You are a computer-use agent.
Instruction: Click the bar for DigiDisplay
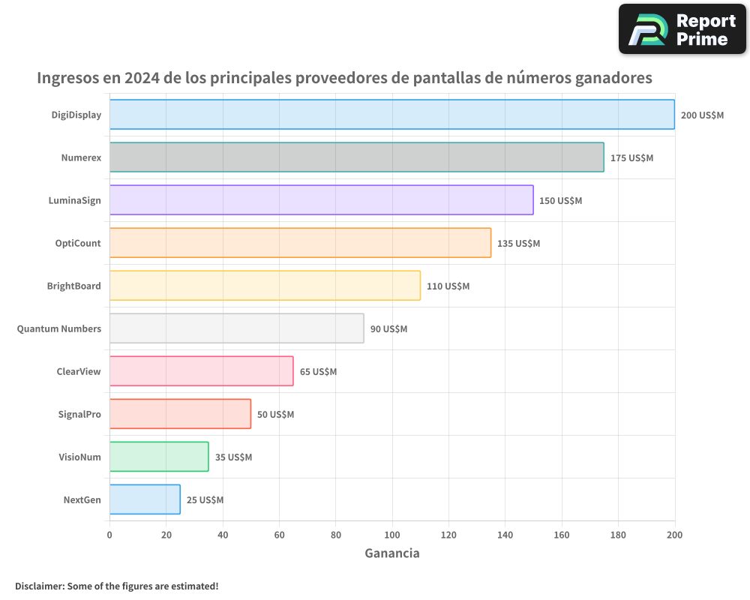(x=391, y=115)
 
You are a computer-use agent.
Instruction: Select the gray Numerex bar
(x=356, y=157)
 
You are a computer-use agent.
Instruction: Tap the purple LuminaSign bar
(x=321, y=200)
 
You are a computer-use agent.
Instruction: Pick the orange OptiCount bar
(x=300, y=243)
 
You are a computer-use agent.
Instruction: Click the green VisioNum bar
(x=159, y=457)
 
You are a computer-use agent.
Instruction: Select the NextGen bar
(x=145, y=499)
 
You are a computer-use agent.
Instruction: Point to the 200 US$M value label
(x=702, y=115)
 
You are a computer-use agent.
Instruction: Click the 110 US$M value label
(x=448, y=286)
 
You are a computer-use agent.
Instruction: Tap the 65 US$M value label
(x=318, y=372)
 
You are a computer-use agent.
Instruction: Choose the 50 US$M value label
(x=275, y=415)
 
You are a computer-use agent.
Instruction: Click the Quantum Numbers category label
(x=59, y=328)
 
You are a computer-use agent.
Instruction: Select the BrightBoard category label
(x=73, y=286)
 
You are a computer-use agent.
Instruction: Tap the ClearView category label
(x=79, y=371)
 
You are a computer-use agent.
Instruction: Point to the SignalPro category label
(x=79, y=414)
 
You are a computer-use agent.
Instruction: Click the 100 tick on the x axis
(x=392, y=535)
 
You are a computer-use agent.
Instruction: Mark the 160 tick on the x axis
(x=562, y=535)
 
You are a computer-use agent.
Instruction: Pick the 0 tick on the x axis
(x=109, y=535)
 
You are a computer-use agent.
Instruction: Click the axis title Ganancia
(x=391, y=553)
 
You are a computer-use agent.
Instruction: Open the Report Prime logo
(x=682, y=29)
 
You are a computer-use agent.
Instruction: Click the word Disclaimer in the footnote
(x=38, y=586)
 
